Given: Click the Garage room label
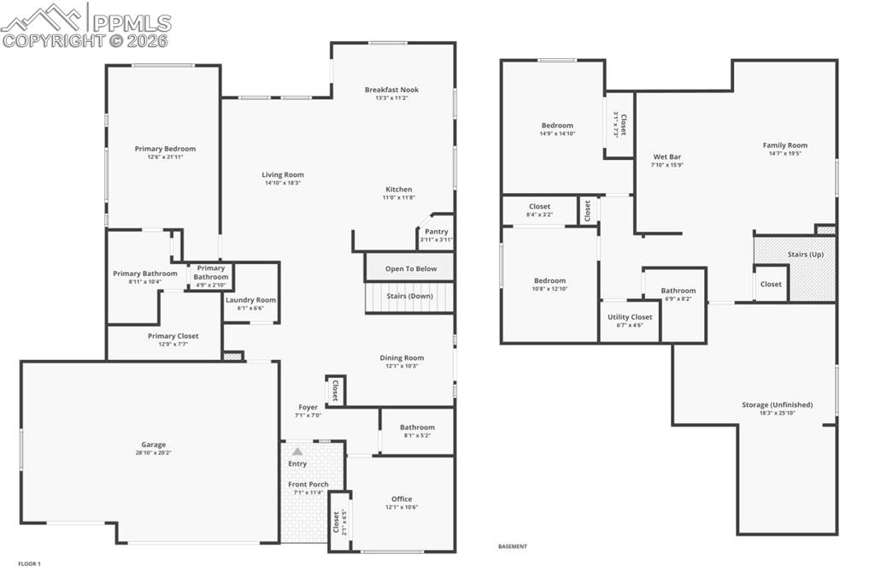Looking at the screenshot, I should tap(154, 445).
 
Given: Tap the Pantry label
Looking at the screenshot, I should tap(436, 232).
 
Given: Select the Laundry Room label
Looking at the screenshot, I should tap(250, 300).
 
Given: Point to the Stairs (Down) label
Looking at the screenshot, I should tap(409, 296).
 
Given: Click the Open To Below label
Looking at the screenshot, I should tap(410, 268).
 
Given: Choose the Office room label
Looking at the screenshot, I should tap(402, 499).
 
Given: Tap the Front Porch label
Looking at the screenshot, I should tap(308, 485).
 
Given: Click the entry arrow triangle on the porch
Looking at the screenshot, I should tap(297, 451).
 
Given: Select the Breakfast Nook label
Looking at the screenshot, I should tap(391, 90).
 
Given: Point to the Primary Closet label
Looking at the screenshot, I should tap(173, 336).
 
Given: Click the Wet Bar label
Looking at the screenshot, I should tap(667, 156).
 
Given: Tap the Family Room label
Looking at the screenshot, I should tap(784, 145).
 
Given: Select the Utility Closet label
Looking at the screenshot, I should tap(630, 317).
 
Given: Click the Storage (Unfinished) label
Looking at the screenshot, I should tap(777, 405).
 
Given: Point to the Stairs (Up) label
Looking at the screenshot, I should tap(805, 255).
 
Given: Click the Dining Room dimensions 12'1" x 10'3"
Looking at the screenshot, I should tap(402, 366).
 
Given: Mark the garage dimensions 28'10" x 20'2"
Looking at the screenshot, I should tap(154, 452).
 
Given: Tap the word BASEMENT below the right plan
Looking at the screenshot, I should tap(513, 546).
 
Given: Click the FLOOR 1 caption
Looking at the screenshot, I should tap(29, 563).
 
